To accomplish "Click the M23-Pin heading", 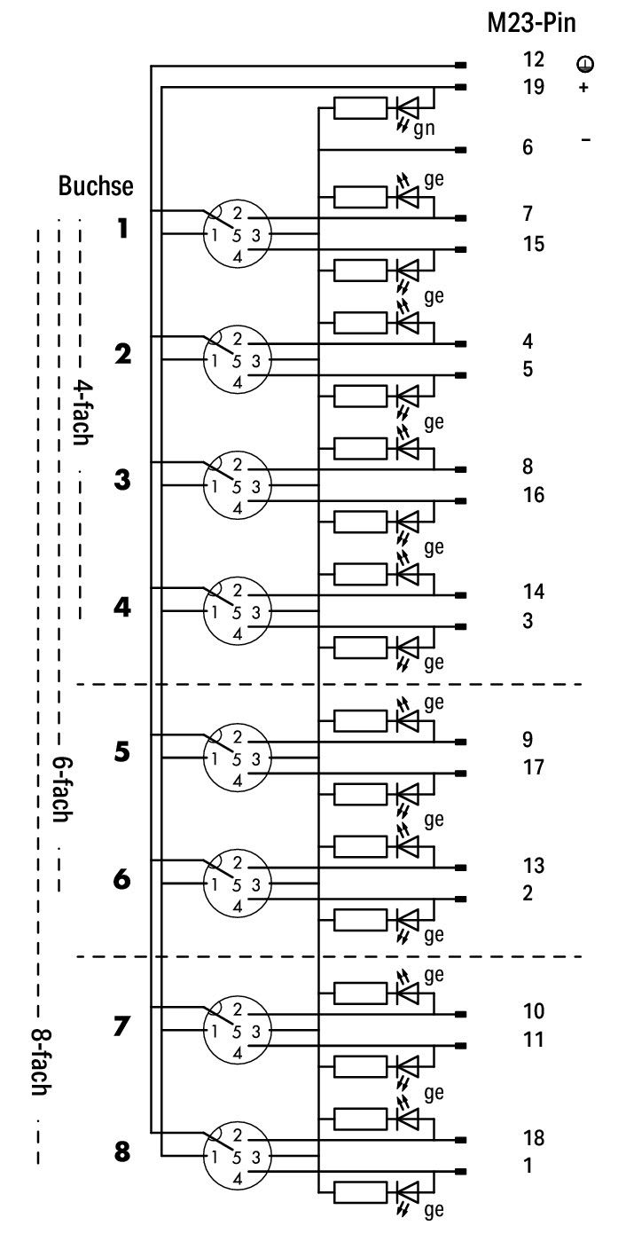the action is [x=531, y=24].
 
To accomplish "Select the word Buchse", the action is [x=96, y=185].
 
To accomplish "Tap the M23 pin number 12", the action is [x=533, y=59].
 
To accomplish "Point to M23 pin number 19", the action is [x=533, y=86].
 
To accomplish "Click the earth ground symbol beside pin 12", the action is [x=585, y=64].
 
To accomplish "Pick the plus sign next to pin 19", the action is [x=583, y=88].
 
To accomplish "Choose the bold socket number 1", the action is [x=123, y=228].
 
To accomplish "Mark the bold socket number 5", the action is [x=122, y=752].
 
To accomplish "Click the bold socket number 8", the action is [x=122, y=1152].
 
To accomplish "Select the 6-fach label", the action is [x=62, y=789].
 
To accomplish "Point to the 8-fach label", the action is [x=41, y=1062].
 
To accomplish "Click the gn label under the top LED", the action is [x=424, y=129].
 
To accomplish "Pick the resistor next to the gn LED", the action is [x=360, y=107].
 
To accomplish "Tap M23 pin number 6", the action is [x=528, y=147].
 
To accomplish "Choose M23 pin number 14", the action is [x=533, y=591].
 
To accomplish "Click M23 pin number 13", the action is [x=533, y=865].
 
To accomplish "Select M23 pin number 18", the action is [x=533, y=1137].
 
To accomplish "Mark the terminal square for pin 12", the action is [x=461, y=66].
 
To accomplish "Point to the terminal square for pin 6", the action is [x=461, y=150].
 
